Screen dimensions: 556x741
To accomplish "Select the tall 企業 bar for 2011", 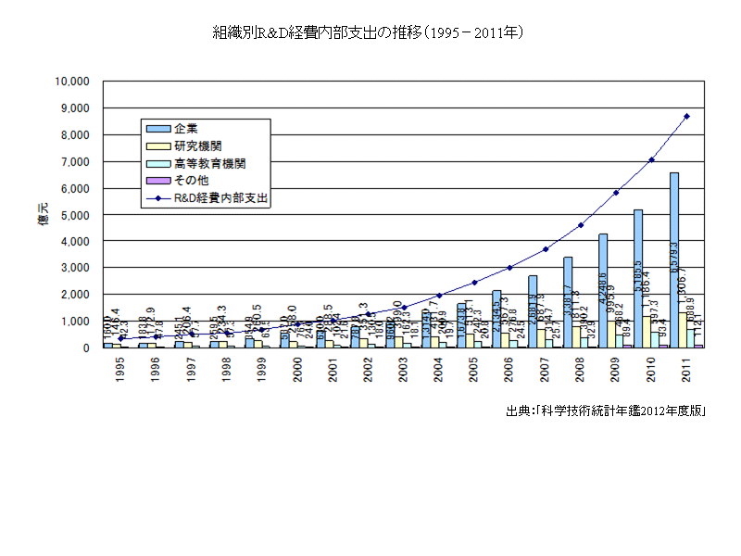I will point(674,259).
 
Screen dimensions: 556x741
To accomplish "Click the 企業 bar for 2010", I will point(638,278).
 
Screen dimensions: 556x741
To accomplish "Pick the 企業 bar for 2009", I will point(603,291).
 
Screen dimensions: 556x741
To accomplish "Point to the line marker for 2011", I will point(686,116).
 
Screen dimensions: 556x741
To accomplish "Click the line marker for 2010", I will point(651,159).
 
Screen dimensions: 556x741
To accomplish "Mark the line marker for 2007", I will point(546,249).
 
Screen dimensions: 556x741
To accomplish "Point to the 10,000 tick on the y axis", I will point(71,82).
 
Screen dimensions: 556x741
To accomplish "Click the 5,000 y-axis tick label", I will point(74,215).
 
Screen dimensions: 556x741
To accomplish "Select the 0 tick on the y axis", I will point(84,348).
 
